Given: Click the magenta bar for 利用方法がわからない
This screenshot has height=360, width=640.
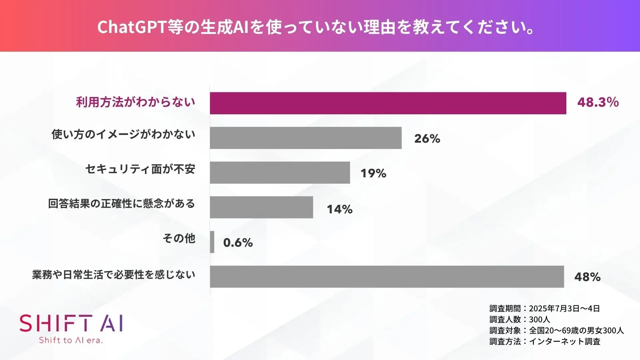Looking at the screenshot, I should pyautogui.click(x=388, y=103).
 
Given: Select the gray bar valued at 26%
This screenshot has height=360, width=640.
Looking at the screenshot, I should pyautogui.click(x=305, y=138).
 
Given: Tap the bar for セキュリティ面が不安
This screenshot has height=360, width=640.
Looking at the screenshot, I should pyautogui.click(x=280, y=172).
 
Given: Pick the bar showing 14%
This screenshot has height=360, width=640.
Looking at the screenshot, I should pyautogui.click(x=261, y=207).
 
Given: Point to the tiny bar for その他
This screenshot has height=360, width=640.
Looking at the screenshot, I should pyautogui.click(x=212, y=242).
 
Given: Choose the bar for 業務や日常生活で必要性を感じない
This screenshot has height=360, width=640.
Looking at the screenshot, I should pyautogui.click(x=387, y=276).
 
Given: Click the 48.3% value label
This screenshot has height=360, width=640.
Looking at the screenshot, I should pyautogui.click(x=598, y=102).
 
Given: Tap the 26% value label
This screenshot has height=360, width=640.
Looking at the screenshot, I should pyautogui.click(x=427, y=139).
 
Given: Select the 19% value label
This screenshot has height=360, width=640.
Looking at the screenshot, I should pyautogui.click(x=373, y=173).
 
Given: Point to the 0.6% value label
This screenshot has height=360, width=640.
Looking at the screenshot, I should pyautogui.click(x=238, y=243).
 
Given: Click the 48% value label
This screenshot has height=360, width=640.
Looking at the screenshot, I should pyautogui.click(x=587, y=277).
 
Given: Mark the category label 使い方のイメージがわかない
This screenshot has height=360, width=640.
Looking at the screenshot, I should pyautogui.click(x=123, y=134).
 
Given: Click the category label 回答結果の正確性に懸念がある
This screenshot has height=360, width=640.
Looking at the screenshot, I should pyautogui.click(x=121, y=203).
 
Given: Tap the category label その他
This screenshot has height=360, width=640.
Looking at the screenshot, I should pyautogui.click(x=179, y=238).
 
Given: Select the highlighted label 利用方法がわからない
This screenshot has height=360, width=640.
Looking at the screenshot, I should pyautogui.click(x=136, y=102).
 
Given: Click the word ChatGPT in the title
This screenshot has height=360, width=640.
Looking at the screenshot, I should pyautogui.click(x=132, y=27).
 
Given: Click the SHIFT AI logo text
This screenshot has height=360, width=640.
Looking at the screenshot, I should pyautogui.click(x=71, y=323).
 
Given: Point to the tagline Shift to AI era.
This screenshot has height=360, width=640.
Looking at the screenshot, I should pyautogui.click(x=71, y=340).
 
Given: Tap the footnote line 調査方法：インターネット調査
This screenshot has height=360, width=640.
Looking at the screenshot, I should pyautogui.click(x=545, y=341).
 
